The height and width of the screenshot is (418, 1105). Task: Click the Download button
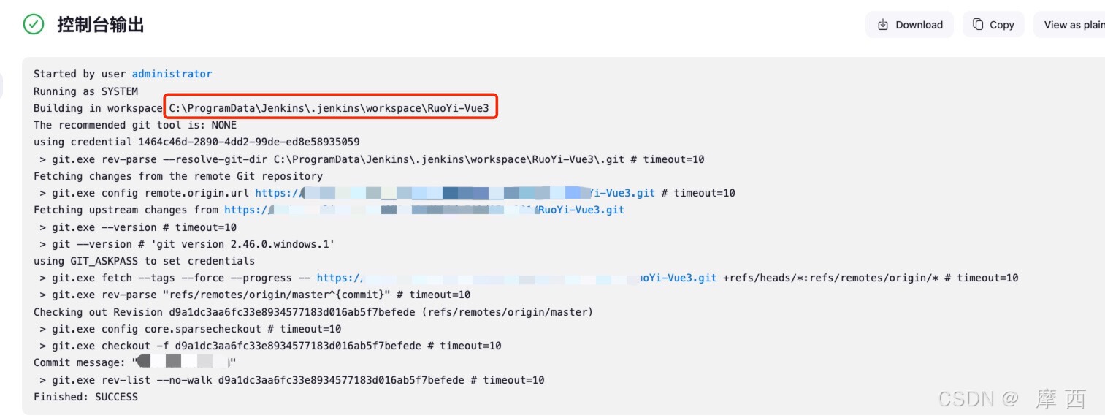pos(909,25)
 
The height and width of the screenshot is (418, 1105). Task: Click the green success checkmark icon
pos(34,25)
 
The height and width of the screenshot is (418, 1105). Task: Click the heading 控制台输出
pos(101,25)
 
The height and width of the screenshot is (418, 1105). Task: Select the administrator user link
pos(172,74)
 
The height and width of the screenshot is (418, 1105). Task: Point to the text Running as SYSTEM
pos(85,91)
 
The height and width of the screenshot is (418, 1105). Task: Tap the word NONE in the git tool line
pos(223,125)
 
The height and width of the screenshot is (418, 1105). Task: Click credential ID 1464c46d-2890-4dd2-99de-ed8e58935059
pos(248,142)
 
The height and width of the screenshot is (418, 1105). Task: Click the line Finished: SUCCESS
pos(85,397)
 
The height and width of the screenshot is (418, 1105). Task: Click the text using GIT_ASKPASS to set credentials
pos(144,261)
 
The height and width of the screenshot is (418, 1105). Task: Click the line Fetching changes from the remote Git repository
pos(178,176)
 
